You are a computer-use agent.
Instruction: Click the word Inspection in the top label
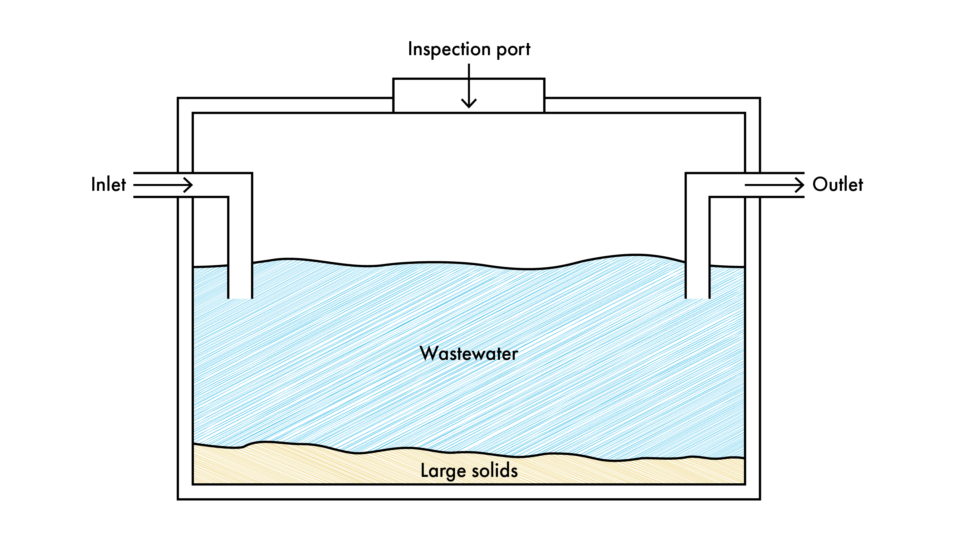click(x=449, y=49)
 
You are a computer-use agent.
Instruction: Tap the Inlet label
click(x=108, y=185)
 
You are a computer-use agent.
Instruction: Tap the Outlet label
click(x=838, y=185)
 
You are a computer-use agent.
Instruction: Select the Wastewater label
click(x=469, y=354)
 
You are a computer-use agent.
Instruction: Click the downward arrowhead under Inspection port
click(x=469, y=105)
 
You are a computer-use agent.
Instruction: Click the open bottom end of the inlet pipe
click(x=240, y=297)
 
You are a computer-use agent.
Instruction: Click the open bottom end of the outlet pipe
click(x=698, y=297)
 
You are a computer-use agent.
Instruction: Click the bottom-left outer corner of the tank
click(x=178, y=499)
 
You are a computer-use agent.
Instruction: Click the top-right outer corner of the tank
click(x=759, y=98)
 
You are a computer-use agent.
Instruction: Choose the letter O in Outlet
click(x=820, y=185)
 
